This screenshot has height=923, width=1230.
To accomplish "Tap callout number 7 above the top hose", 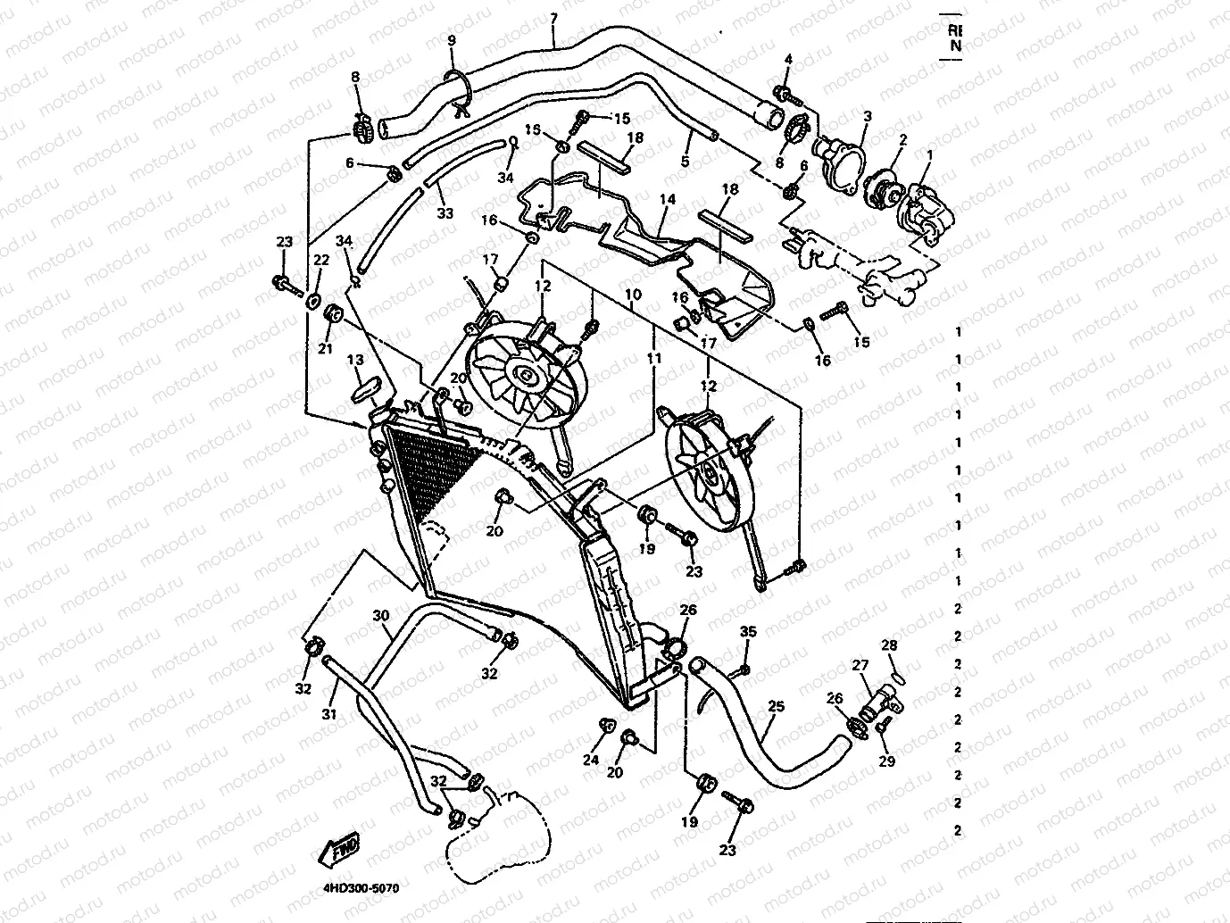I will (553, 18).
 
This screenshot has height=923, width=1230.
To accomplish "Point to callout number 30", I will (381, 616).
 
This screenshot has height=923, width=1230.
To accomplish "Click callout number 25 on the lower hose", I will (776, 707).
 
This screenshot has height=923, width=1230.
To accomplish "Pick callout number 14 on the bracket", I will (668, 201).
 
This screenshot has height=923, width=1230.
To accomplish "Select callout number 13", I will (355, 360).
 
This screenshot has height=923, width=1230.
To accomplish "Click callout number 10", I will (633, 294).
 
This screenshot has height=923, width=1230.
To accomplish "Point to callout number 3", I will (867, 117).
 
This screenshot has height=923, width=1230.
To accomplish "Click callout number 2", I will (902, 140).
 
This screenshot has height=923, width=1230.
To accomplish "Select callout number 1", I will (928, 155).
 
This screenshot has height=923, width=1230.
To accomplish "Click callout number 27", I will (860, 665).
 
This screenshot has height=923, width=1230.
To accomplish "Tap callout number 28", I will (890, 645).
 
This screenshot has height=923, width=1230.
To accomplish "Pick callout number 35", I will (748, 632).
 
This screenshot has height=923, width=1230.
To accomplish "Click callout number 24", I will (591, 761).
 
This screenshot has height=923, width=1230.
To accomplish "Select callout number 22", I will (320, 260).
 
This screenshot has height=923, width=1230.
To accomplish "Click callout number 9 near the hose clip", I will (452, 41).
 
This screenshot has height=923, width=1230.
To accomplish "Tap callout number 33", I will (445, 213).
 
